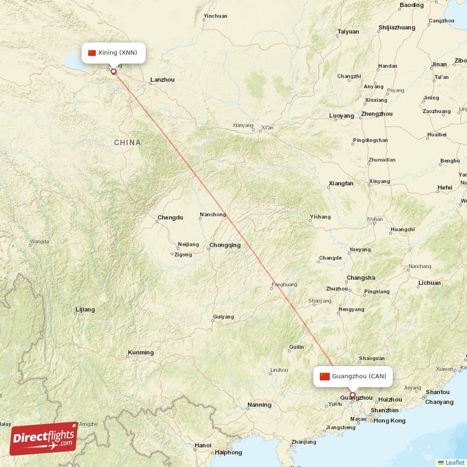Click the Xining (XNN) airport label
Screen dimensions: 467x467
[x=113, y=53]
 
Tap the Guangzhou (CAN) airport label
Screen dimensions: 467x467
[x=353, y=377]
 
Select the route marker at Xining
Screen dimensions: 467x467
[x=114, y=72]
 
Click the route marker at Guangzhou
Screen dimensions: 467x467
[x=352, y=396]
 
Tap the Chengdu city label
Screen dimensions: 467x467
[x=169, y=218]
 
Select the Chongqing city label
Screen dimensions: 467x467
[x=224, y=245]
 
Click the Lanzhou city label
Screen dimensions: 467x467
[x=162, y=79]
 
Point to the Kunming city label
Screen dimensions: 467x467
[x=141, y=353]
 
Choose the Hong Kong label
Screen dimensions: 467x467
[x=389, y=421]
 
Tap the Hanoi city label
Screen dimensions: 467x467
[x=203, y=445]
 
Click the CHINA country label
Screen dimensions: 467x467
[x=127, y=142]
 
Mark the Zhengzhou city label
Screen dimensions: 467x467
[x=377, y=114]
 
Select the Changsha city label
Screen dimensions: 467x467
[x=360, y=278]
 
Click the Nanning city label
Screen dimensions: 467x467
[x=259, y=405]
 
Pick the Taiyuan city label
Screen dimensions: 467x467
[x=348, y=32]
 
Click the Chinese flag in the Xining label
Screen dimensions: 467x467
[x=92, y=53]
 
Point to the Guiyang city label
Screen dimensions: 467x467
[x=224, y=317]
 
